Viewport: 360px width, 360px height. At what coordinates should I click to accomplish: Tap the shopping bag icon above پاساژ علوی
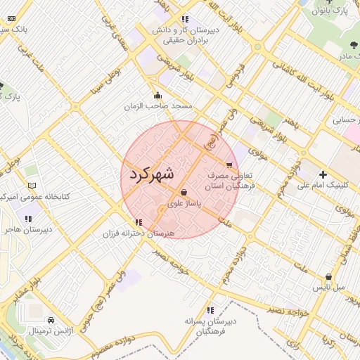[184, 192]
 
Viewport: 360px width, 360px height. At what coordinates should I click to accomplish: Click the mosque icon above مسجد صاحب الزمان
[157, 96]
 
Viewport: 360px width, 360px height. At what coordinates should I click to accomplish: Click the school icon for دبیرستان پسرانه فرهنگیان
[210, 310]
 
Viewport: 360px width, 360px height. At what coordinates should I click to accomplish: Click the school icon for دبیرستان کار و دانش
[184, 19]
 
